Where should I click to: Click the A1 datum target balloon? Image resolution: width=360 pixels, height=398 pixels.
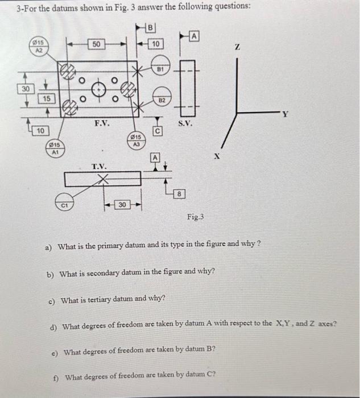55,148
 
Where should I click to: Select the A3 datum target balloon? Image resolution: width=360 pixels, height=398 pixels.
135,140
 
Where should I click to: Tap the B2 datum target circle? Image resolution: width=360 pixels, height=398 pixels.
161,98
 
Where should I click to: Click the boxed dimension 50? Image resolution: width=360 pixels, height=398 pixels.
97,44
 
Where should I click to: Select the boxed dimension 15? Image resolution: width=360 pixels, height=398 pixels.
47,99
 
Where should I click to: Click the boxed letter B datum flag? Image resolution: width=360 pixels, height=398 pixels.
150,27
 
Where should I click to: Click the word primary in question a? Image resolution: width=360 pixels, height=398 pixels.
107,246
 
